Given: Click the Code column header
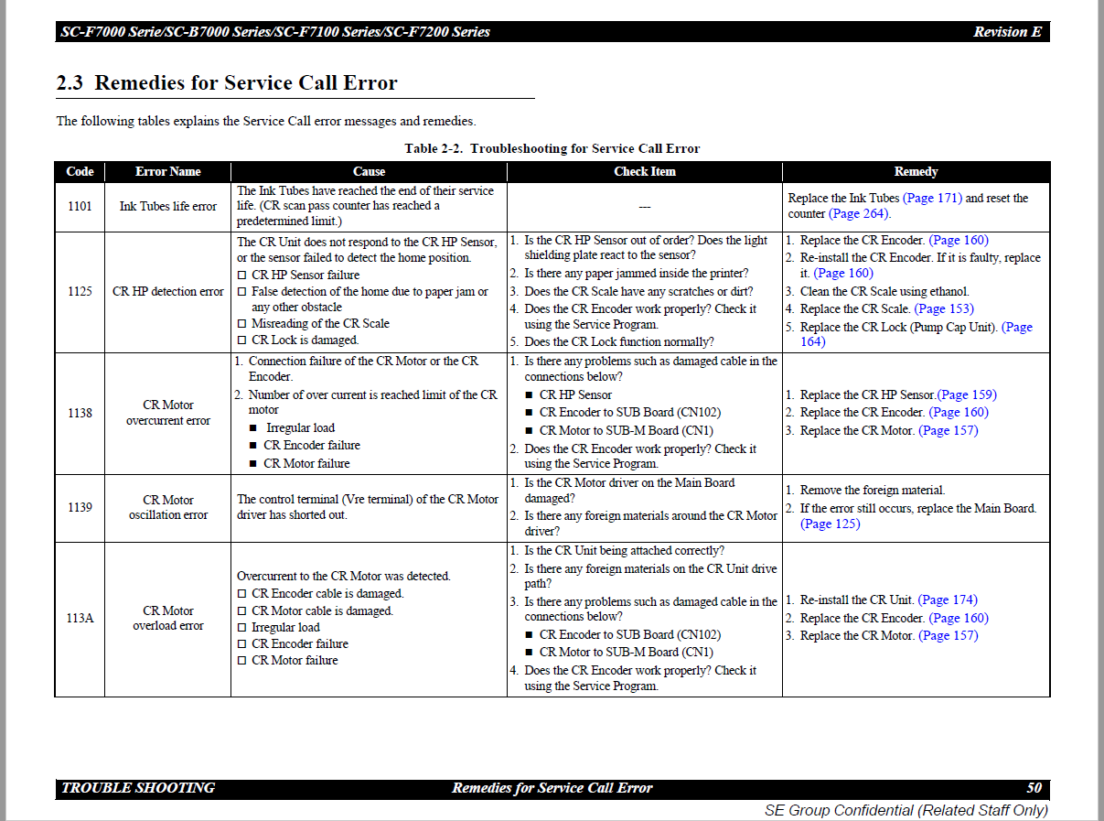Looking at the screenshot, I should click(80, 172).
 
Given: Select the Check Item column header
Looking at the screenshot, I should click(644, 172).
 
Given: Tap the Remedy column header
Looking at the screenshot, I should click(916, 172).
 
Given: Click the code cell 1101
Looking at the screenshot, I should click(80, 206).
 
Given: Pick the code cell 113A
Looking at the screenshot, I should click(80, 618).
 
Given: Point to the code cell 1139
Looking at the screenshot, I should click(80, 507).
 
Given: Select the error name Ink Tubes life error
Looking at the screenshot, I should click(168, 206).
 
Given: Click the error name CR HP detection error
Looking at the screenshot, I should click(168, 291).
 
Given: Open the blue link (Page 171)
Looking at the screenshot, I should click(932, 198).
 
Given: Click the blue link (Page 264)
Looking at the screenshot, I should click(859, 214).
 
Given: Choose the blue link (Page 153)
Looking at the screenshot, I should click(944, 308).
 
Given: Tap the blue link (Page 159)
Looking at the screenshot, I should click(967, 394).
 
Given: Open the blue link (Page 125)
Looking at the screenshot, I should click(830, 524).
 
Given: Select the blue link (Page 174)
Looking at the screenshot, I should click(948, 600).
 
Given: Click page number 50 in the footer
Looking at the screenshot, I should click(1034, 788).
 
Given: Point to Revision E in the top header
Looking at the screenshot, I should click(1007, 32).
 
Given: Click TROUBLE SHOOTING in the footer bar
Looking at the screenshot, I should click(138, 788).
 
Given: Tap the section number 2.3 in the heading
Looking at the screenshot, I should click(70, 83).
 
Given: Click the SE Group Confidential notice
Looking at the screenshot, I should click(906, 810).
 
